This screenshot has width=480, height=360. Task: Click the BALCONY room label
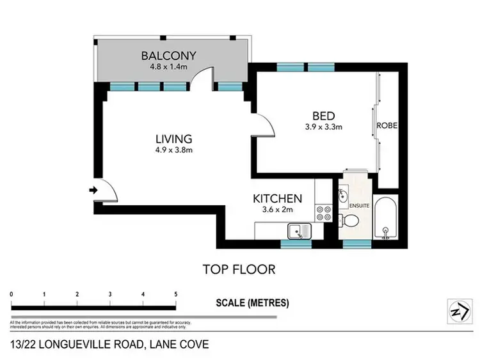point(169,55)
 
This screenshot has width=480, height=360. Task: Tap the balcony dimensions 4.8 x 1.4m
point(169,65)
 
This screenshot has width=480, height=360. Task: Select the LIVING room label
point(174,139)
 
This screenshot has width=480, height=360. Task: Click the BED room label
point(323,116)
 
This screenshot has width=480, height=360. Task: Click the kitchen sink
point(298,231)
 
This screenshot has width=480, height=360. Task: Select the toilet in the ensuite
point(351,221)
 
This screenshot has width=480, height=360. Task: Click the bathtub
point(386,219)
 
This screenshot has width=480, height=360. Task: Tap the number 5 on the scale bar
point(175,294)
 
